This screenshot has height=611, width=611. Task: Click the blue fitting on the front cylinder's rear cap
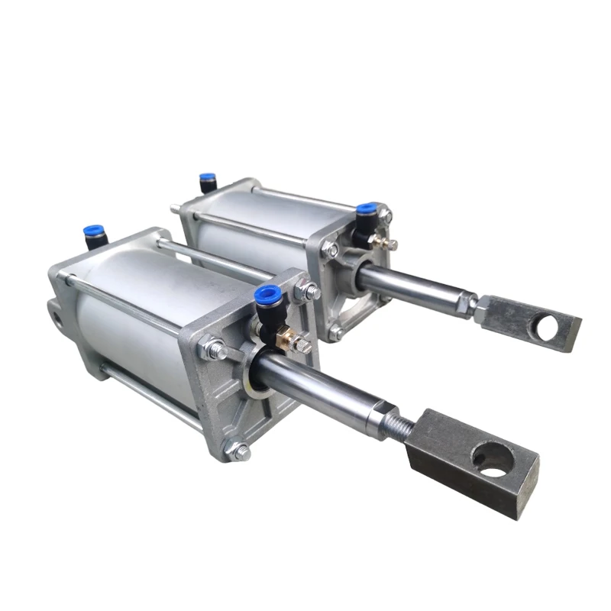tap(95, 232)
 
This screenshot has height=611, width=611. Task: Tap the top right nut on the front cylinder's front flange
tap(309, 291)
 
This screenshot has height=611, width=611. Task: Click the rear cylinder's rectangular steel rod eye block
tap(527, 321)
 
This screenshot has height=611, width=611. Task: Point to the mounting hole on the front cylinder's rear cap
tap(55, 311)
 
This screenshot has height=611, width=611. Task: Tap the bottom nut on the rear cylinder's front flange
tap(336, 332)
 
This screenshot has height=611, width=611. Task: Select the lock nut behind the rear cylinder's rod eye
tap(465, 304)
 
